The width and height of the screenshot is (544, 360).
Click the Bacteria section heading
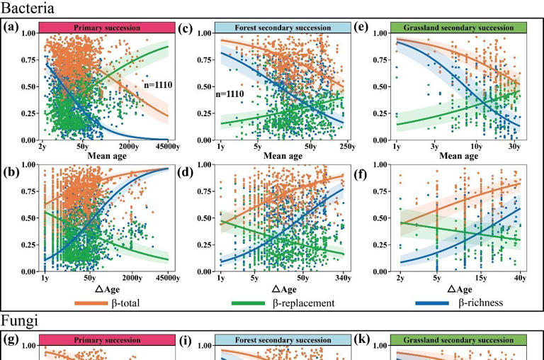(x=28, y=8)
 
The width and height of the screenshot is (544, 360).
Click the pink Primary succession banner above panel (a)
(x=107, y=28)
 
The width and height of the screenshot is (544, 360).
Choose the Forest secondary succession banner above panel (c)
(x=283, y=28)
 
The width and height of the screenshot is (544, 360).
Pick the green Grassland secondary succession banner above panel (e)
(x=458, y=28)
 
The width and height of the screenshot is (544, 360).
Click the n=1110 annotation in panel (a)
(x=158, y=84)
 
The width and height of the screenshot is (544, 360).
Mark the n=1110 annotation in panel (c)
(x=229, y=94)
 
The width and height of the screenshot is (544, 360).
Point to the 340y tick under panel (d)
(x=343, y=278)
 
